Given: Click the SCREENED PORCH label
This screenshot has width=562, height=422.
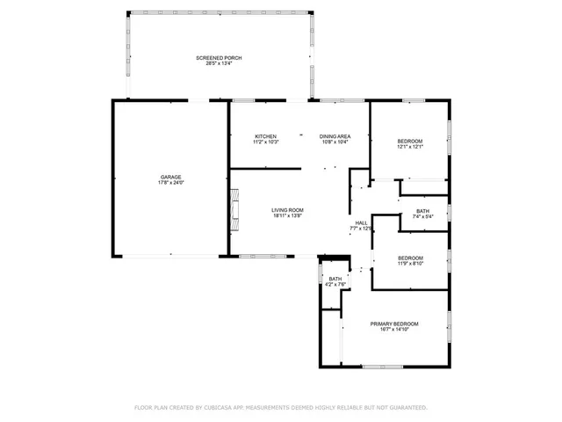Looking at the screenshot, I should (x=219, y=57).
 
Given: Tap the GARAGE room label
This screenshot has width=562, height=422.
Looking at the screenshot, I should (x=170, y=178).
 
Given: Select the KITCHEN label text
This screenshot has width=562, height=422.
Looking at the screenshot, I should (x=266, y=136).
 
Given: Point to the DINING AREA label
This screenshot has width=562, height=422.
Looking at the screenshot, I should (x=335, y=136).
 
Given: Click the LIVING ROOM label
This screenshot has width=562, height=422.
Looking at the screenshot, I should (x=287, y=210).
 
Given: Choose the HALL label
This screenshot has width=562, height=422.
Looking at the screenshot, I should (x=361, y=222).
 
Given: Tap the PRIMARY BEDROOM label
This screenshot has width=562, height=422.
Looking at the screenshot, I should (x=394, y=324).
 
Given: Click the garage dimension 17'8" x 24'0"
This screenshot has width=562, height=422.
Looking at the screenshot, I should (x=170, y=183).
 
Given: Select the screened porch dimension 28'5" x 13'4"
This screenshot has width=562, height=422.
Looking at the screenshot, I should (x=219, y=63).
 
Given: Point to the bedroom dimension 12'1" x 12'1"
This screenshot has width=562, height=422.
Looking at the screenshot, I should (x=410, y=147).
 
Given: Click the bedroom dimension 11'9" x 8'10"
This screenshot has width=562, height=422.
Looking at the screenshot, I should (x=410, y=262).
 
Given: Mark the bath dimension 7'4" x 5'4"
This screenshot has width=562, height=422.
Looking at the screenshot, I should (x=422, y=216).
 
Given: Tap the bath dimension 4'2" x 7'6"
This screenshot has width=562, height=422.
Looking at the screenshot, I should (x=335, y=284).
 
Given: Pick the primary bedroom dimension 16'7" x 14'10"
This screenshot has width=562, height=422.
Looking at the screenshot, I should (x=394, y=329).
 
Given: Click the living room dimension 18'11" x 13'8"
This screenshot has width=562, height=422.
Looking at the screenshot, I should (x=287, y=216).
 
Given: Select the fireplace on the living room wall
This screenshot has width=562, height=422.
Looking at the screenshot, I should (x=234, y=209).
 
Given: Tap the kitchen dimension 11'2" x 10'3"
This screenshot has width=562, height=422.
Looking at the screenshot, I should (x=266, y=142).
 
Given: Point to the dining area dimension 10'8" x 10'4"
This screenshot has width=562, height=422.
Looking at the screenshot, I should (x=335, y=142).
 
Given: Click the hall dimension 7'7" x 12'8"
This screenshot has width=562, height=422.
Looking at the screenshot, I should (x=361, y=228).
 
